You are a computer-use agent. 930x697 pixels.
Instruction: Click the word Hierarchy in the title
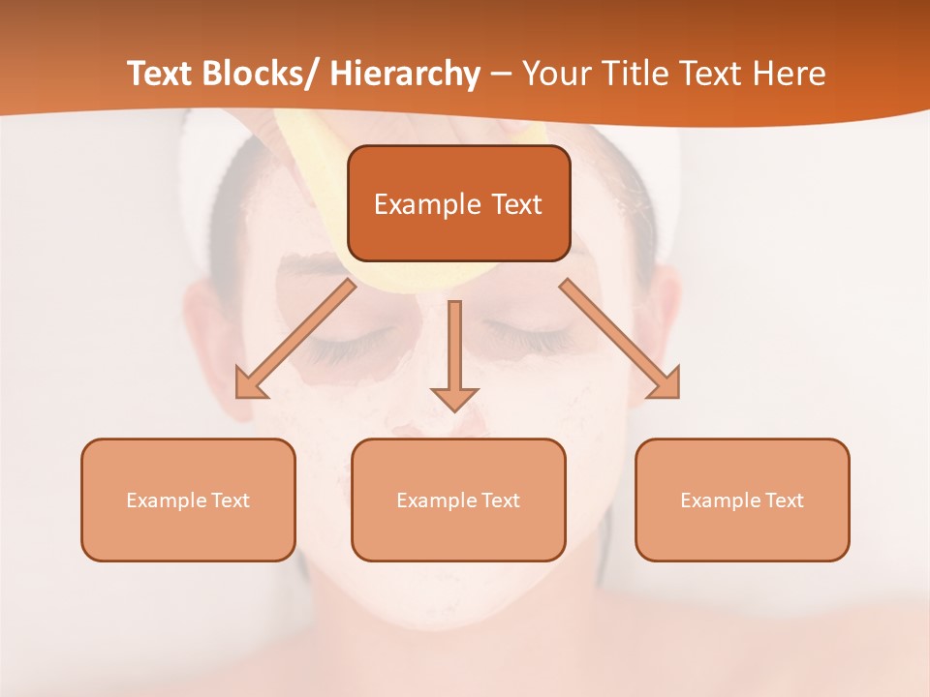click(405, 74)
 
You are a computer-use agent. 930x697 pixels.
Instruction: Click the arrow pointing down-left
click(295, 339)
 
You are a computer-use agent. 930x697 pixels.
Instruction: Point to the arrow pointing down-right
click(620, 339)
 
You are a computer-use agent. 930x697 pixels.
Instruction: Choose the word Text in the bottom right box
click(784, 500)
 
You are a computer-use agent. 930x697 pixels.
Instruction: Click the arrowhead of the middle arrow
click(454, 398)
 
